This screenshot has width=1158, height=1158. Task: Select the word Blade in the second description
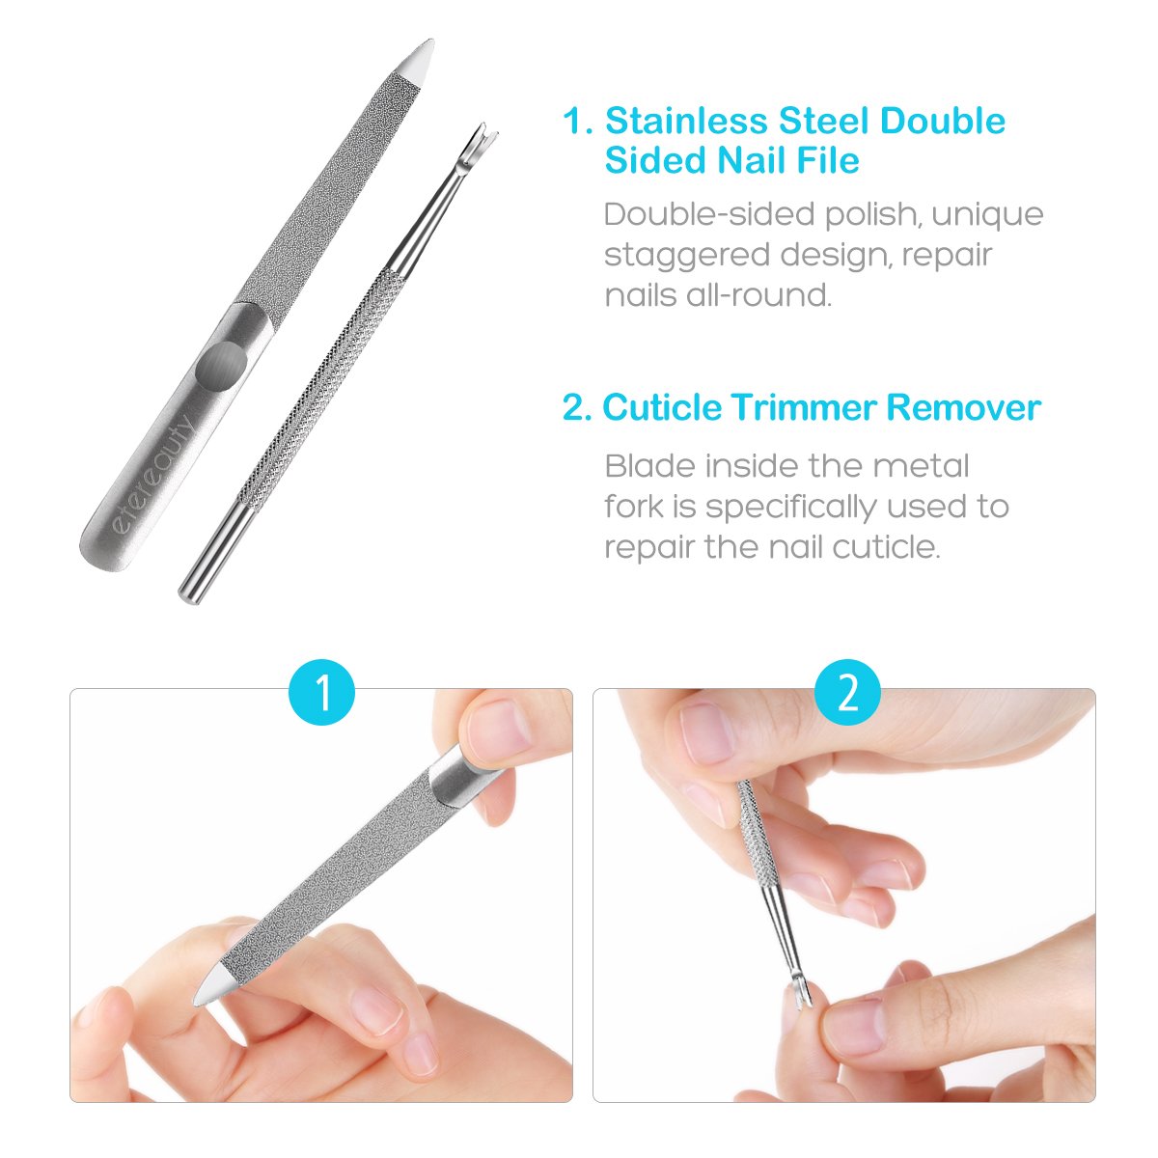point(649,466)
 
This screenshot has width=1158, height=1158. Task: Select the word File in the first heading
point(825,160)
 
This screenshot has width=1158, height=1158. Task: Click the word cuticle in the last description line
point(883,547)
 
